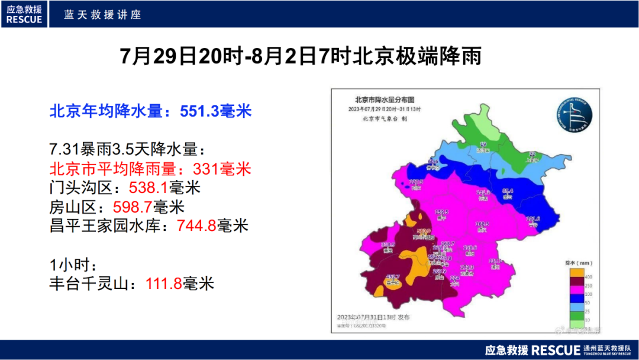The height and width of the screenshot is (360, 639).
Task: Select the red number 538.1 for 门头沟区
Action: pos(149,188)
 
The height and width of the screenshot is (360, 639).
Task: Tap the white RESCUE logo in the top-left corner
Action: pos(25,14)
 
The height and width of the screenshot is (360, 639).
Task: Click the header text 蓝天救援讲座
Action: pos(103,14)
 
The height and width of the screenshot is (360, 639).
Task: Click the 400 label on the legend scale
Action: pos(589,277)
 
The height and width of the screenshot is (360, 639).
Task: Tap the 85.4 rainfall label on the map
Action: pos(508,191)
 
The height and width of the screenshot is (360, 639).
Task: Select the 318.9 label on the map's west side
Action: pos(388,245)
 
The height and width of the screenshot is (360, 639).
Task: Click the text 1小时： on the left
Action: pos(72,265)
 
